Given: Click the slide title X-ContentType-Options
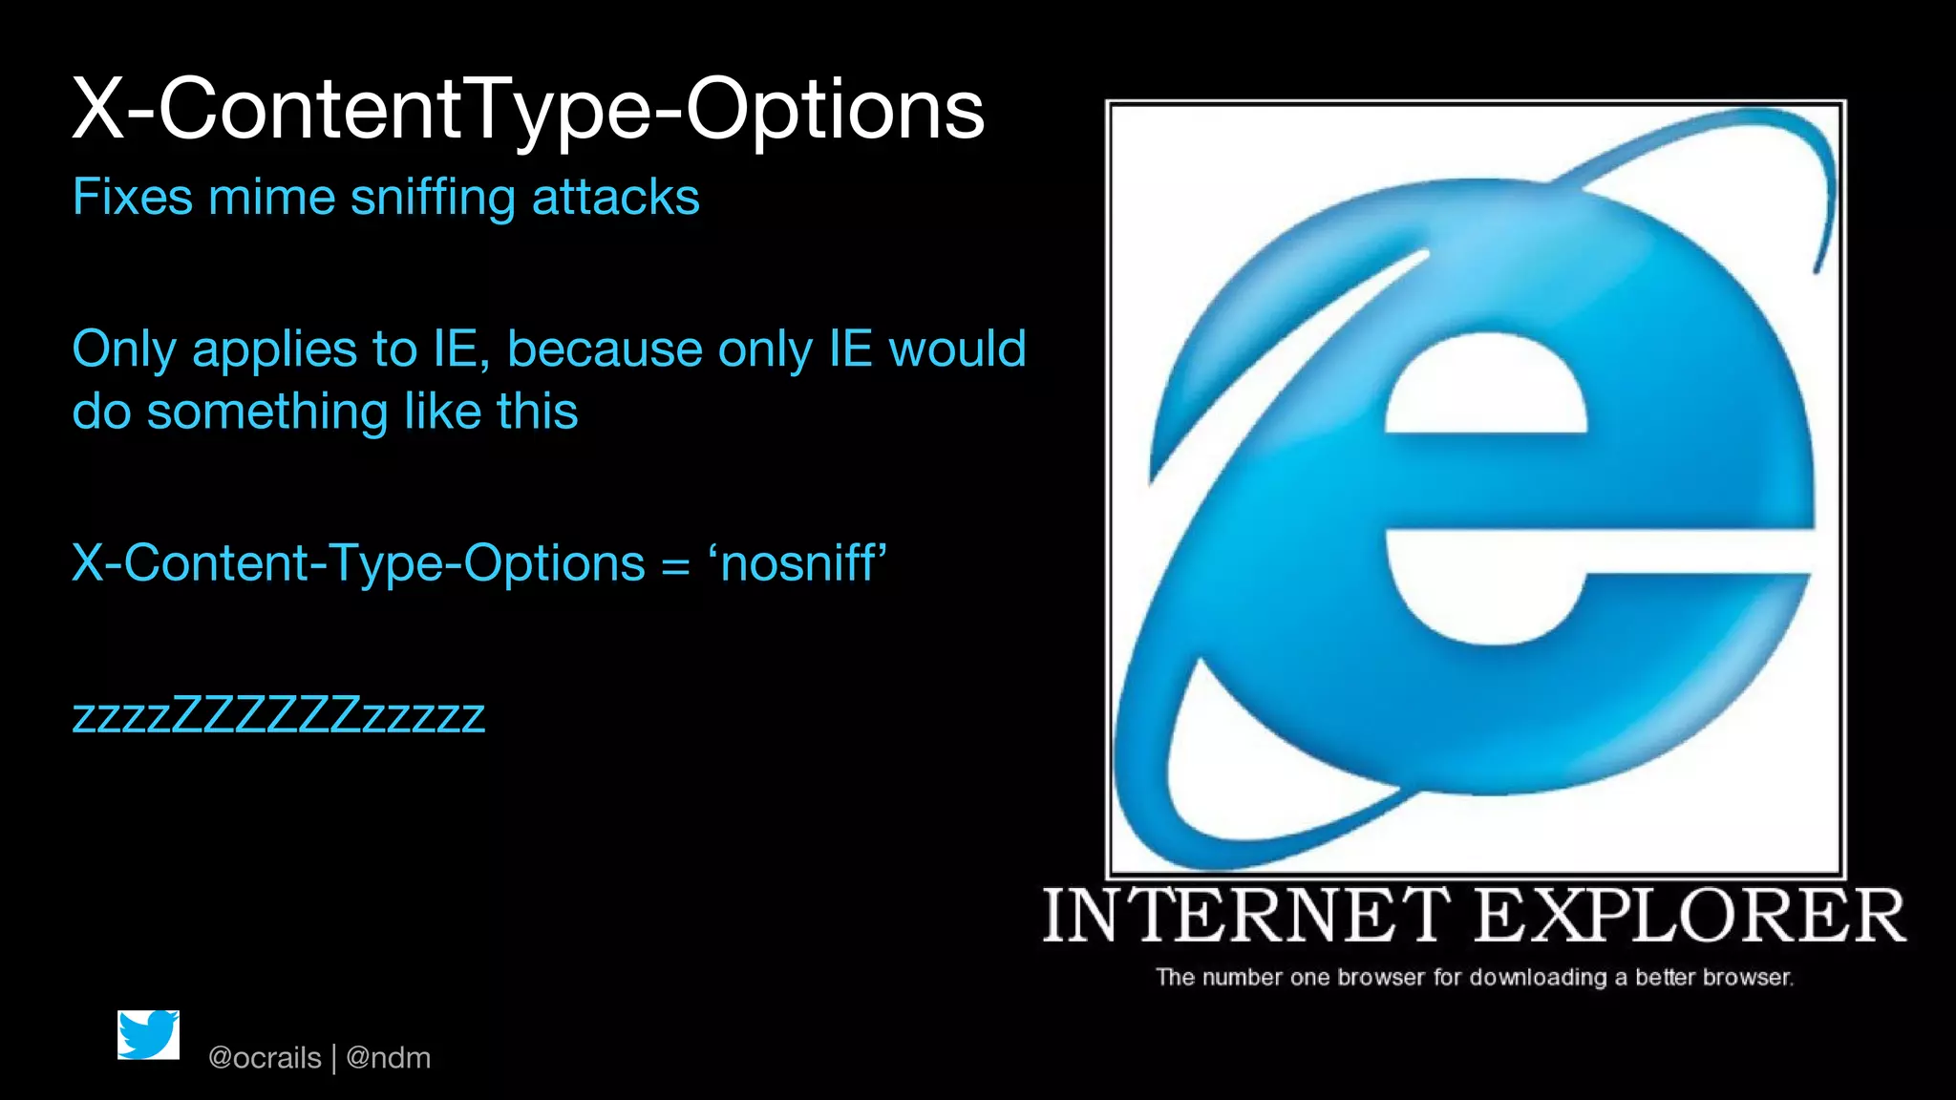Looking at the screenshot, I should (x=527, y=111).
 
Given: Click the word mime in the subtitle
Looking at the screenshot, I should (x=271, y=198).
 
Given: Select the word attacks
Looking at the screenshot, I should (x=615, y=198).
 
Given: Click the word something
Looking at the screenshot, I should (x=266, y=412).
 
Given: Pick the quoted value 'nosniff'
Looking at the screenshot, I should (x=797, y=563).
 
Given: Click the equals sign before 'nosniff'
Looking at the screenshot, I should (x=675, y=566).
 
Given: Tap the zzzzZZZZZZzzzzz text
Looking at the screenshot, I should (x=279, y=715).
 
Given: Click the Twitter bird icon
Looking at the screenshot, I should (x=148, y=1035).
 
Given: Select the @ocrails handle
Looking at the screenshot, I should (x=265, y=1058).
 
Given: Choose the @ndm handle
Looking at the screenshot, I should (x=388, y=1058).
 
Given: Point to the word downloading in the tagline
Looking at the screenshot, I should (x=1538, y=977).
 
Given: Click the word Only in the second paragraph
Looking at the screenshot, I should (x=124, y=349).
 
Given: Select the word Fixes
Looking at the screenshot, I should (x=133, y=198).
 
